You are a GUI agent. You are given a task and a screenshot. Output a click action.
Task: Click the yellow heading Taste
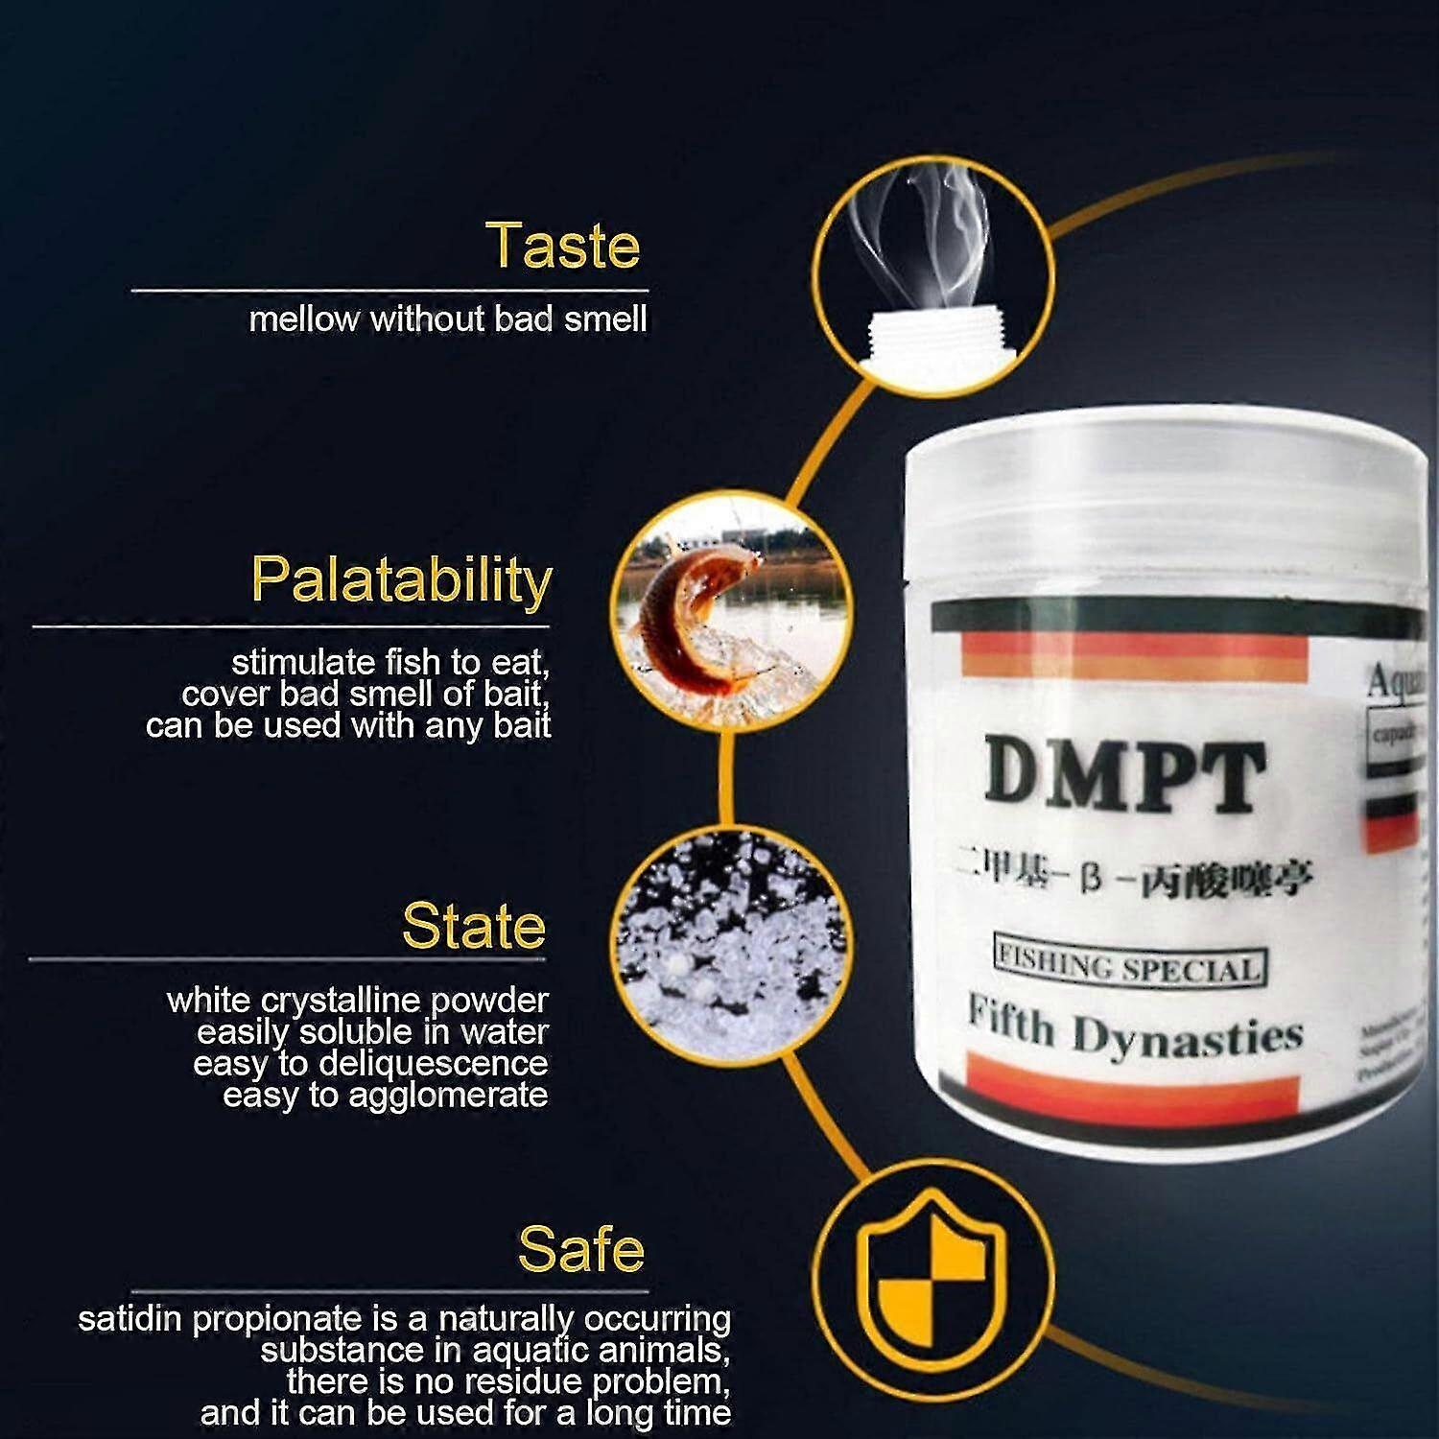tap(563, 246)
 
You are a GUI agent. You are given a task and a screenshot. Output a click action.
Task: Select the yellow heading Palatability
tap(401, 580)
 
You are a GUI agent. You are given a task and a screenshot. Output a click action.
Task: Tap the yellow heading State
tap(474, 926)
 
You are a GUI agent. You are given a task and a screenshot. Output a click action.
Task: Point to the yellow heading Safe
tap(580, 1249)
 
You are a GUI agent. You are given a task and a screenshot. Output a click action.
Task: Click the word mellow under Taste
tap(304, 319)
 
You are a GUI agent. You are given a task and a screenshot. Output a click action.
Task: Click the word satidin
tap(130, 1319)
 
